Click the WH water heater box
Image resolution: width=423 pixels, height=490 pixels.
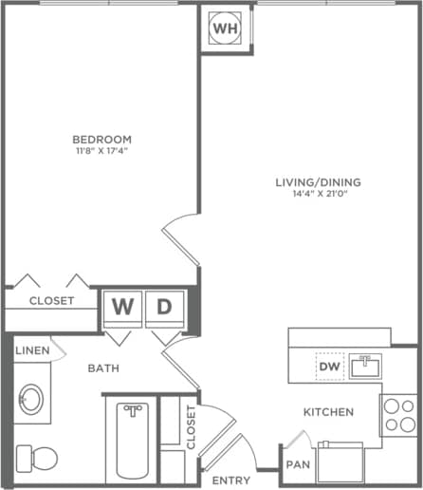(x=226, y=28)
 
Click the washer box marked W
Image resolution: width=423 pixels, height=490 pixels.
(x=123, y=307)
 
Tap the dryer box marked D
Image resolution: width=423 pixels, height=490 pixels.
(x=164, y=307)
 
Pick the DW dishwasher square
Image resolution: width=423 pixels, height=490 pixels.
(x=329, y=365)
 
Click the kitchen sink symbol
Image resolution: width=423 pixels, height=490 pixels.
(x=365, y=365)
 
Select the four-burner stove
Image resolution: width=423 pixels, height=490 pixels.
(x=398, y=414)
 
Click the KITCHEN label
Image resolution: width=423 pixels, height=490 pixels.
(x=328, y=412)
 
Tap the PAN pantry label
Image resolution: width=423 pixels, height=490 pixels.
(x=296, y=465)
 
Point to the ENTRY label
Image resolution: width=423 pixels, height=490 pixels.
(x=230, y=481)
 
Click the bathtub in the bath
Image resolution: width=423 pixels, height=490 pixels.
(x=133, y=442)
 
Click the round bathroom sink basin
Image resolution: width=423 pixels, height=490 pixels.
(x=34, y=398)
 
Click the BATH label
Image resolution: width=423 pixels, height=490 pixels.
(x=103, y=367)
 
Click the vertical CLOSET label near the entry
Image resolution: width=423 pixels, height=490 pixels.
(x=191, y=426)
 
